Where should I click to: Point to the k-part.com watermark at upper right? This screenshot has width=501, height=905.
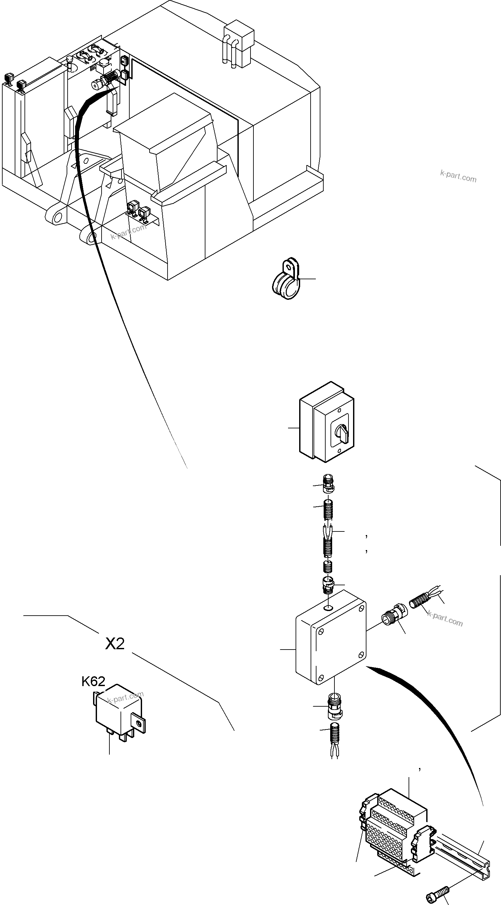tap(458, 176)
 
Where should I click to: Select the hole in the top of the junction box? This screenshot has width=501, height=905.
tap(328, 608)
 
